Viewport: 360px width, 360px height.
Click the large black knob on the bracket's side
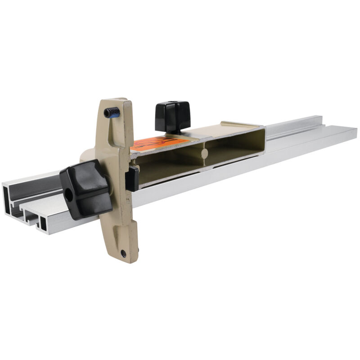pos(85,189)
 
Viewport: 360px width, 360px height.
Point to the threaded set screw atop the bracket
pos(112,112)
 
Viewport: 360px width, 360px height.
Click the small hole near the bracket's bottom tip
pos(122,253)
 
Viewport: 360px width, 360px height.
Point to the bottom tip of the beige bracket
pos(128,259)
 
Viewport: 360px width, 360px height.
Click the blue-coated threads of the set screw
pos(116,114)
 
